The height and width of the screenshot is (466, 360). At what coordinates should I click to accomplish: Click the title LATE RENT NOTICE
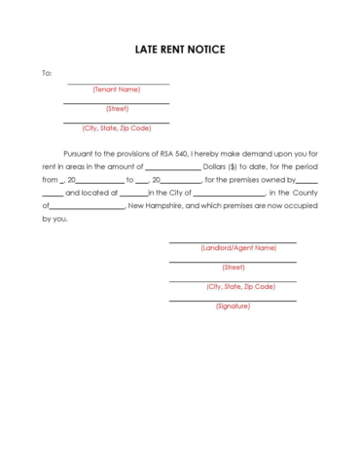coord(180,49)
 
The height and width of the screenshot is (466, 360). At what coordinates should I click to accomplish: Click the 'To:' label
coord(47,73)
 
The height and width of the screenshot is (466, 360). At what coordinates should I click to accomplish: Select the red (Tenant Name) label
coord(117,90)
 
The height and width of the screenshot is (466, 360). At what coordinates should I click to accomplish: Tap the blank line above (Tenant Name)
coord(117,84)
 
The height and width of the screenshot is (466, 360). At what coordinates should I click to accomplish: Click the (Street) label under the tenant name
coord(117,109)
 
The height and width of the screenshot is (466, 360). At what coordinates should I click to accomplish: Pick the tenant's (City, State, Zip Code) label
coord(117,128)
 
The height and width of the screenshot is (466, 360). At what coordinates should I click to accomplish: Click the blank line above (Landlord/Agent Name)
coord(233,242)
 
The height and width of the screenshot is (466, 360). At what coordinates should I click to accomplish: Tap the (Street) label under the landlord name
coord(234,268)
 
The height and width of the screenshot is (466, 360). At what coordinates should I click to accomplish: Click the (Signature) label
coord(234,306)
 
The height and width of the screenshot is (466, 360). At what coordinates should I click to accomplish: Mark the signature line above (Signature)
coord(233,301)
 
